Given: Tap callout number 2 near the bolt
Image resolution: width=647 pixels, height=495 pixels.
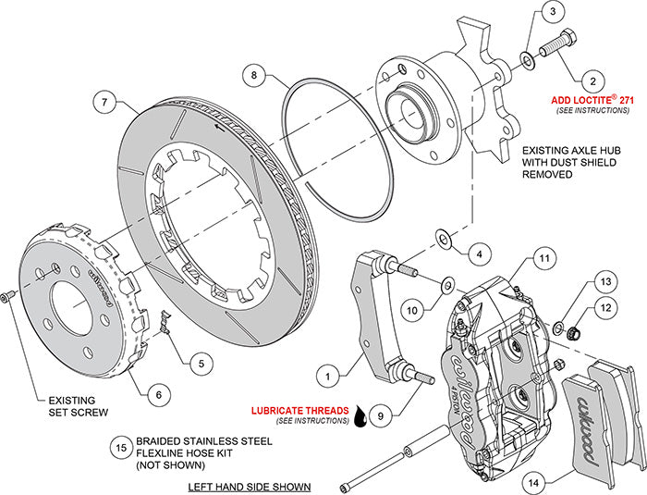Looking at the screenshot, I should tap(551, 12).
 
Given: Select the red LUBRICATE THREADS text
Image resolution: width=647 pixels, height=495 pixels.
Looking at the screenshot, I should tap(300, 410).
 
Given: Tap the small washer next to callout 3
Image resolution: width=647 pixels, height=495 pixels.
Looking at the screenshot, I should tap(526, 61).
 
